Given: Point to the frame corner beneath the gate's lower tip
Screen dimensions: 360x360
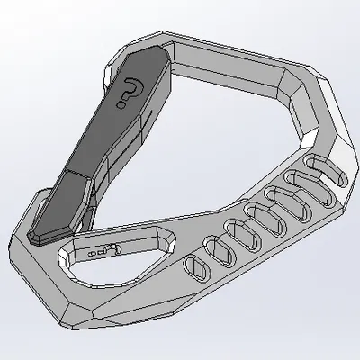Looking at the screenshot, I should (x=27, y=256).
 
